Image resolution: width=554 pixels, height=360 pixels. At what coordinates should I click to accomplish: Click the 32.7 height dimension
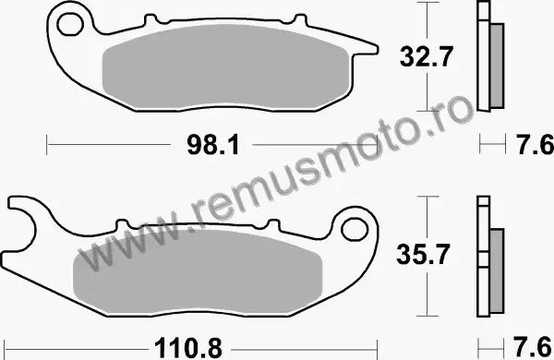coord(426,57)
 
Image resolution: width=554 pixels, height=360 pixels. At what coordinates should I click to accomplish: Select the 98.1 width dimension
coord(213,145)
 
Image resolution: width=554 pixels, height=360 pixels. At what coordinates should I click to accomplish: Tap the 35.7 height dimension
coord(423,254)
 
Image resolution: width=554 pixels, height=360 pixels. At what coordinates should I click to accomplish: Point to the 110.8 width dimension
coord(188,349)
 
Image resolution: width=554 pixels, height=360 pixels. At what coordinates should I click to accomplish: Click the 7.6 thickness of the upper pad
coord(535,145)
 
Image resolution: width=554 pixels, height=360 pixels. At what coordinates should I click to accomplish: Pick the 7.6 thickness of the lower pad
coord(533,348)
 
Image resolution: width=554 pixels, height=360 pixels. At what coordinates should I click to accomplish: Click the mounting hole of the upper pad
coord(70,24)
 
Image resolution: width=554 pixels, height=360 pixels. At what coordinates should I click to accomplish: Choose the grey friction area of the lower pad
coord(198,271)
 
